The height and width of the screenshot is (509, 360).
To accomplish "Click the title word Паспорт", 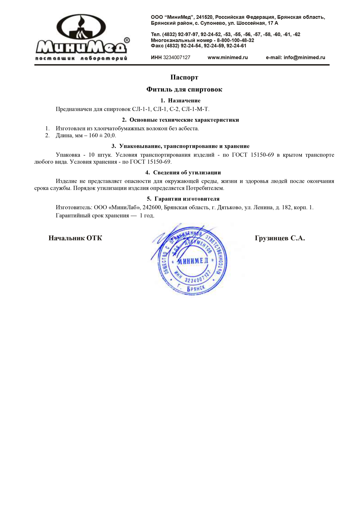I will (x=184, y=77).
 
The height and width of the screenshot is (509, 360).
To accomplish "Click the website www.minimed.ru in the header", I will (x=227, y=58).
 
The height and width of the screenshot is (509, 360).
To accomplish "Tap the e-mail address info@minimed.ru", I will (x=304, y=58).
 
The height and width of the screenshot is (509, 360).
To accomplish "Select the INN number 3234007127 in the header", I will (x=177, y=58).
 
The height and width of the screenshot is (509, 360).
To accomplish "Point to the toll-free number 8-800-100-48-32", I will (x=235, y=40).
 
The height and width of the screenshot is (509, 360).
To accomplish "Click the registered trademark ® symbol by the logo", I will (x=127, y=40).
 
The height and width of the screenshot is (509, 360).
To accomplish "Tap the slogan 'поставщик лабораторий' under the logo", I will (x=81, y=58).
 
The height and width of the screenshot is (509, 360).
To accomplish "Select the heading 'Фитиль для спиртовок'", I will (x=184, y=89).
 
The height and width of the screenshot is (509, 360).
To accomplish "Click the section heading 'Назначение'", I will (x=184, y=100).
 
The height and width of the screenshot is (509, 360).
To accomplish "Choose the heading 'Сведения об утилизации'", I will (x=187, y=172).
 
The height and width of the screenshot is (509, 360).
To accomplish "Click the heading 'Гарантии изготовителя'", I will (x=187, y=199).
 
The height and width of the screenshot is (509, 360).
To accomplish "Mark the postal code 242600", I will (x=152, y=207).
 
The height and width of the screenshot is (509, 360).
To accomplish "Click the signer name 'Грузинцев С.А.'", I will (x=280, y=238).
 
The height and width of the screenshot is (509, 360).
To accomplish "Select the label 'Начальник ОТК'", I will (x=75, y=238).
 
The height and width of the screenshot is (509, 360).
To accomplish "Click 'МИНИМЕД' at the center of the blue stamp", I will (x=192, y=261).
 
